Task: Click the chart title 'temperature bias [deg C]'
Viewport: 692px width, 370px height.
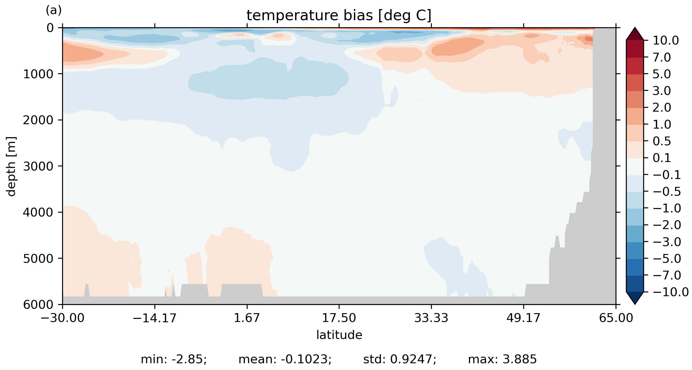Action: [x=339, y=16]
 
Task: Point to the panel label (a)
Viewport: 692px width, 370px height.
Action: [x=54, y=11]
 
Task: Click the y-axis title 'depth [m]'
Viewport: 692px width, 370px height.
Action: [x=11, y=166]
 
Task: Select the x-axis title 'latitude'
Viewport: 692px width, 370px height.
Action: [x=339, y=335]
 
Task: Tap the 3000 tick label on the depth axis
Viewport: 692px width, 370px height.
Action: [x=38, y=166]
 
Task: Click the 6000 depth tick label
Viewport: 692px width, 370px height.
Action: [x=38, y=305]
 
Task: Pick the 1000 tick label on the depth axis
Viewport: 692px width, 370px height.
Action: [x=38, y=74]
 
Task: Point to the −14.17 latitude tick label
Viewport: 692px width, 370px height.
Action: [x=154, y=318]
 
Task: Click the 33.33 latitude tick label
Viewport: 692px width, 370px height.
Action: [x=431, y=318]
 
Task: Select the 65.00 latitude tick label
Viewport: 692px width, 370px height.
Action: [x=616, y=318]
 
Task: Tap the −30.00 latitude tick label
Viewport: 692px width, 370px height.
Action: [x=62, y=318]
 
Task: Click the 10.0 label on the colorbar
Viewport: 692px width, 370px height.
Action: [x=666, y=40]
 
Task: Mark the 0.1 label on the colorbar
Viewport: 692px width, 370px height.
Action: [x=662, y=158]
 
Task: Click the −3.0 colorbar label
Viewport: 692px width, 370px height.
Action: [x=667, y=242]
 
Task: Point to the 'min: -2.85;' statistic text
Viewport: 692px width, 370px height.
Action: [x=174, y=359]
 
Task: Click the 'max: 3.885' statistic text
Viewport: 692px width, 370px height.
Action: [x=502, y=359]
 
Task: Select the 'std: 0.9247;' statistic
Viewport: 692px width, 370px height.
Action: [x=400, y=359]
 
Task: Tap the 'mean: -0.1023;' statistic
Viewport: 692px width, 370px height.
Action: [x=285, y=359]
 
